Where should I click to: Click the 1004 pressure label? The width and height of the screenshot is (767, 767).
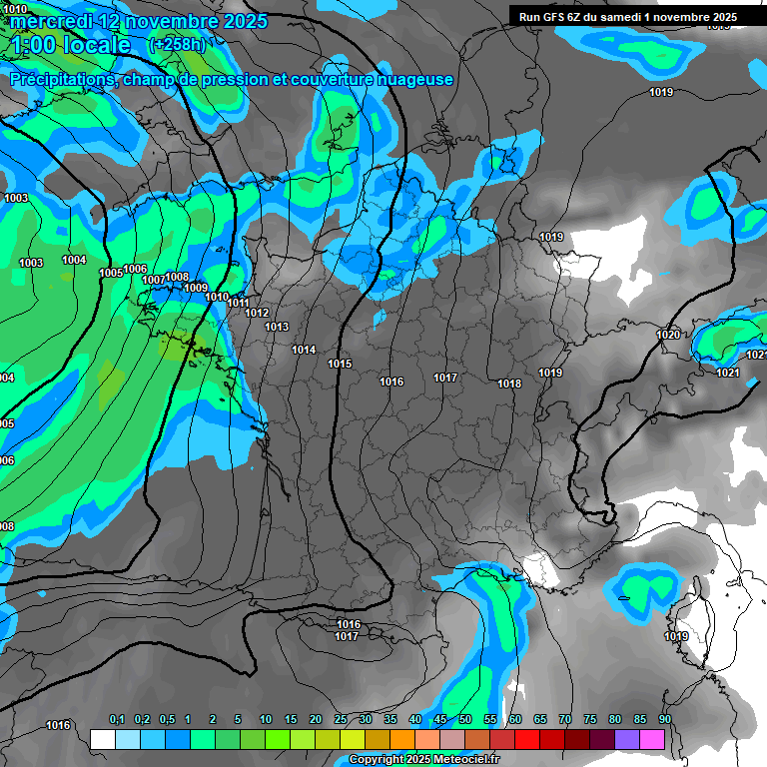click(x=74, y=261)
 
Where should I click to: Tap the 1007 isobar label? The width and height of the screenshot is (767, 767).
click(x=154, y=281)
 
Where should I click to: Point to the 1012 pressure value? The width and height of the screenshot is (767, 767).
click(x=257, y=314)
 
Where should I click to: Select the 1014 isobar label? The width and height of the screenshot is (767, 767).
click(x=304, y=351)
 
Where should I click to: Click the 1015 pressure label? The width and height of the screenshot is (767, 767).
click(x=340, y=365)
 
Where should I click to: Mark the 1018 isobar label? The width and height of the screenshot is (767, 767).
click(x=509, y=384)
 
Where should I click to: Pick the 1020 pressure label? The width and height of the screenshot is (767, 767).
click(x=668, y=335)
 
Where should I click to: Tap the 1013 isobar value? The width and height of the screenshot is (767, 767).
click(x=277, y=328)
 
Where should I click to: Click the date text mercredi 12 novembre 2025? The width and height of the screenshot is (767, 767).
click(x=138, y=21)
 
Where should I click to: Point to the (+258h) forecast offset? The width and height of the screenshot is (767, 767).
click(x=176, y=45)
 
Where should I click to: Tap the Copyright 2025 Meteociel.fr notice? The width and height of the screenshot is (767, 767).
click(x=423, y=760)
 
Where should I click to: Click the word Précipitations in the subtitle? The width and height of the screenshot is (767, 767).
click(x=60, y=80)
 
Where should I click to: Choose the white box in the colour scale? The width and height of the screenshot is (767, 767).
click(x=102, y=739)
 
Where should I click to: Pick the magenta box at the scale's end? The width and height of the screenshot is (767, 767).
click(x=652, y=739)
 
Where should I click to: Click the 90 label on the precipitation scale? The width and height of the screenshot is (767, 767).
click(x=664, y=719)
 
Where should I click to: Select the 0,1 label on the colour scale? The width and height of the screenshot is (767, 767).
click(x=117, y=719)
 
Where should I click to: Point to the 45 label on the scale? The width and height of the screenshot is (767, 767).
click(x=440, y=719)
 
